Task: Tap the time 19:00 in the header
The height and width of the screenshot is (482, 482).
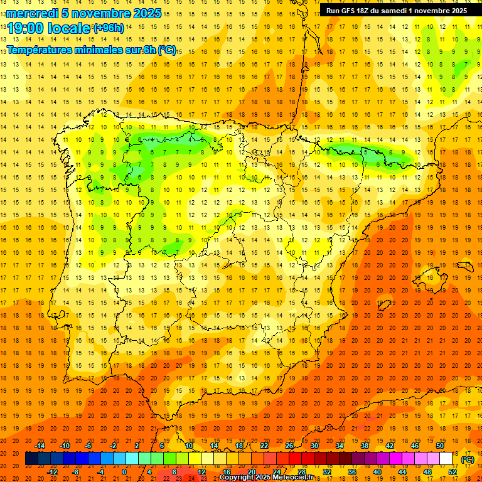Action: (x=26, y=28)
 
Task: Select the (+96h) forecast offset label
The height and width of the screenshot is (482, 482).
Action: (x=109, y=28)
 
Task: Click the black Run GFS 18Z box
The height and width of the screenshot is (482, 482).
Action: (x=396, y=10)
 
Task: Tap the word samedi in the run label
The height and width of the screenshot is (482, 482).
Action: (x=394, y=10)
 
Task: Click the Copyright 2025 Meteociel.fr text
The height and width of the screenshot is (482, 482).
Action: (x=266, y=477)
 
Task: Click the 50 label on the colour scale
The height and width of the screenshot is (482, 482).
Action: (x=440, y=446)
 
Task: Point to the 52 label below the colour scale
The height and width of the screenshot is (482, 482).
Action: (x=453, y=472)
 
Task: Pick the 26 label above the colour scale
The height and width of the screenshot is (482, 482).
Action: (x=289, y=446)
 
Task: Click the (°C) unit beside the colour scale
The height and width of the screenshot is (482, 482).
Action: (x=468, y=459)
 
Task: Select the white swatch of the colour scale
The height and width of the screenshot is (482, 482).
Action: (x=446, y=459)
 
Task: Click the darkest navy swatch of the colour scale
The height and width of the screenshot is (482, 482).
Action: (x=31, y=459)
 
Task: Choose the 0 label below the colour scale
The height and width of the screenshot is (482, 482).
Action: (x=124, y=472)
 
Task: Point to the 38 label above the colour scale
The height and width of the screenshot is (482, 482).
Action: (x=365, y=446)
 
